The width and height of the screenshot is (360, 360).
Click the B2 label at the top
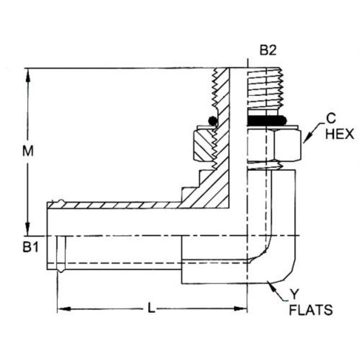click(268, 51)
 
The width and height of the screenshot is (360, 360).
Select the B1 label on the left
click(30, 248)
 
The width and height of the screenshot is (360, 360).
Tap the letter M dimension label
click(28, 152)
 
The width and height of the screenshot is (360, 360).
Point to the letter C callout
click(331, 119)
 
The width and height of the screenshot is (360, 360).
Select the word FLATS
click(311, 310)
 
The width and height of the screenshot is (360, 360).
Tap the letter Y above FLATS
click(293, 294)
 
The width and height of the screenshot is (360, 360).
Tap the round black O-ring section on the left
click(212, 121)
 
